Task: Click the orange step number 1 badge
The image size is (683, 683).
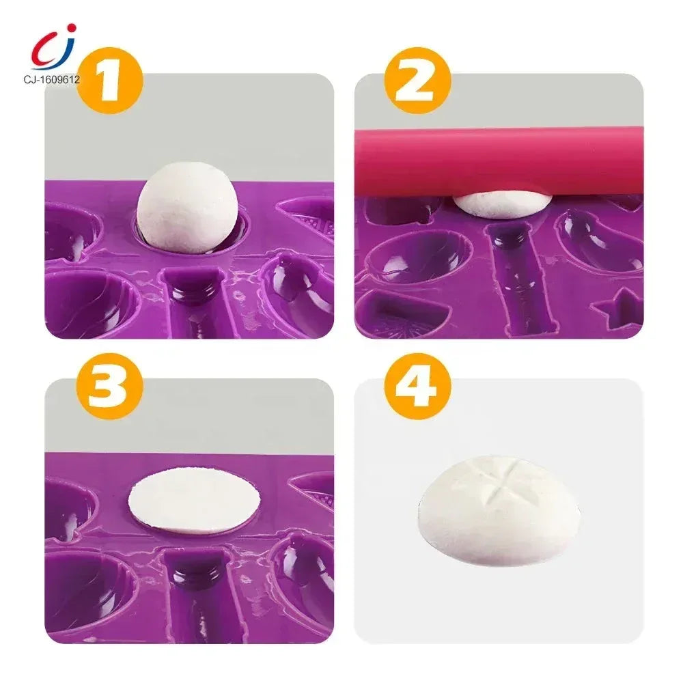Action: click(109, 81)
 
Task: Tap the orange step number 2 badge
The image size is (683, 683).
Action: click(417, 81)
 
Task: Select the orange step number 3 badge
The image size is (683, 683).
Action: click(109, 386)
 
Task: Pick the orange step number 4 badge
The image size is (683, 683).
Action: click(417, 386)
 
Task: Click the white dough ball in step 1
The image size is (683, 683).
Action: click(187, 208)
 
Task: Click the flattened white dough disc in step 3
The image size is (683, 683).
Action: click(194, 500)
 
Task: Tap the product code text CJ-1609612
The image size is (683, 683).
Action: click(52, 80)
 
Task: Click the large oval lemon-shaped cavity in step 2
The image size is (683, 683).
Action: click(417, 257)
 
